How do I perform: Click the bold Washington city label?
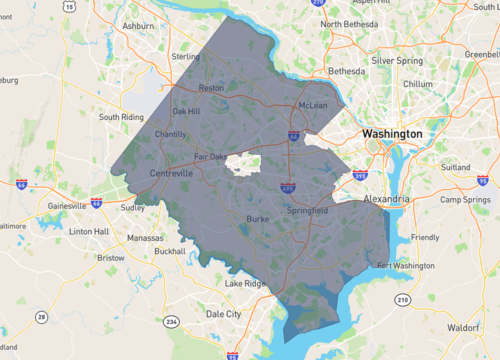[393, 133]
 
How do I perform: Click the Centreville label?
[170, 173]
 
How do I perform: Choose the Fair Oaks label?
[210, 157]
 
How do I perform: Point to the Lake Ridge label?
[245, 284]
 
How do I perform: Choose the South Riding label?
[123, 117]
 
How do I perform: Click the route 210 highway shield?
[402, 299]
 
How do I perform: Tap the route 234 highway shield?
[172, 321]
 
